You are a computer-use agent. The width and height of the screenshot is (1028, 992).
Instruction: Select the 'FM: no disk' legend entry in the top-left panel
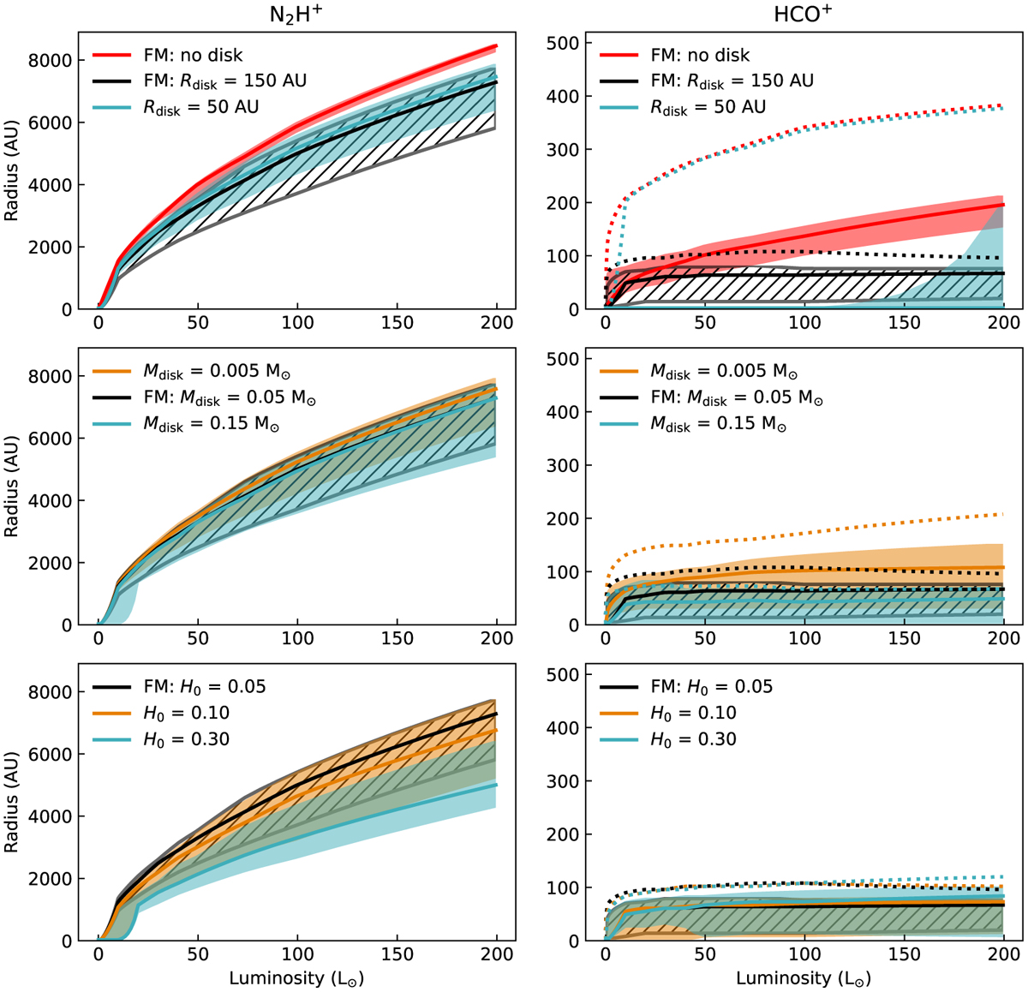pyautogui.click(x=192, y=55)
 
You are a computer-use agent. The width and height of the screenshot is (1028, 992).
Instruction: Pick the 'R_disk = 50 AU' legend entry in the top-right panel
pyautogui.click(x=708, y=108)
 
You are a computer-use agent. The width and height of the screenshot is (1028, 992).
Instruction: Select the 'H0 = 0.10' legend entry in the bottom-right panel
pyautogui.click(x=693, y=713)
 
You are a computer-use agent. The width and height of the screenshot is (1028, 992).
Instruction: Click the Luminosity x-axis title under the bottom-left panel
pyautogui.click(x=296, y=978)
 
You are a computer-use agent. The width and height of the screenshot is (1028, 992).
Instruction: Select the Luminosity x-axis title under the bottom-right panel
pyautogui.click(x=804, y=978)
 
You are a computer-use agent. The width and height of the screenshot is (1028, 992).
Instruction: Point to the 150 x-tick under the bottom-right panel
pyautogui.click(x=904, y=954)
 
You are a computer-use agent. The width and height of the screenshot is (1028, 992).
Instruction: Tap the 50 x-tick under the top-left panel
pyautogui.click(x=198, y=323)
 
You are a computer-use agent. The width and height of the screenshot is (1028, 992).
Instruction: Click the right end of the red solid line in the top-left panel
pyautogui.click(x=497, y=45)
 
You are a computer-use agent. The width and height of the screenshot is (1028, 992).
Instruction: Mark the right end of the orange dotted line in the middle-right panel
pyautogui.click(x=1003, y=514)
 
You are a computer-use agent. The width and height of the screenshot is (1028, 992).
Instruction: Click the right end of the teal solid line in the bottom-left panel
pyautogui.click(x=497, y=785)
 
